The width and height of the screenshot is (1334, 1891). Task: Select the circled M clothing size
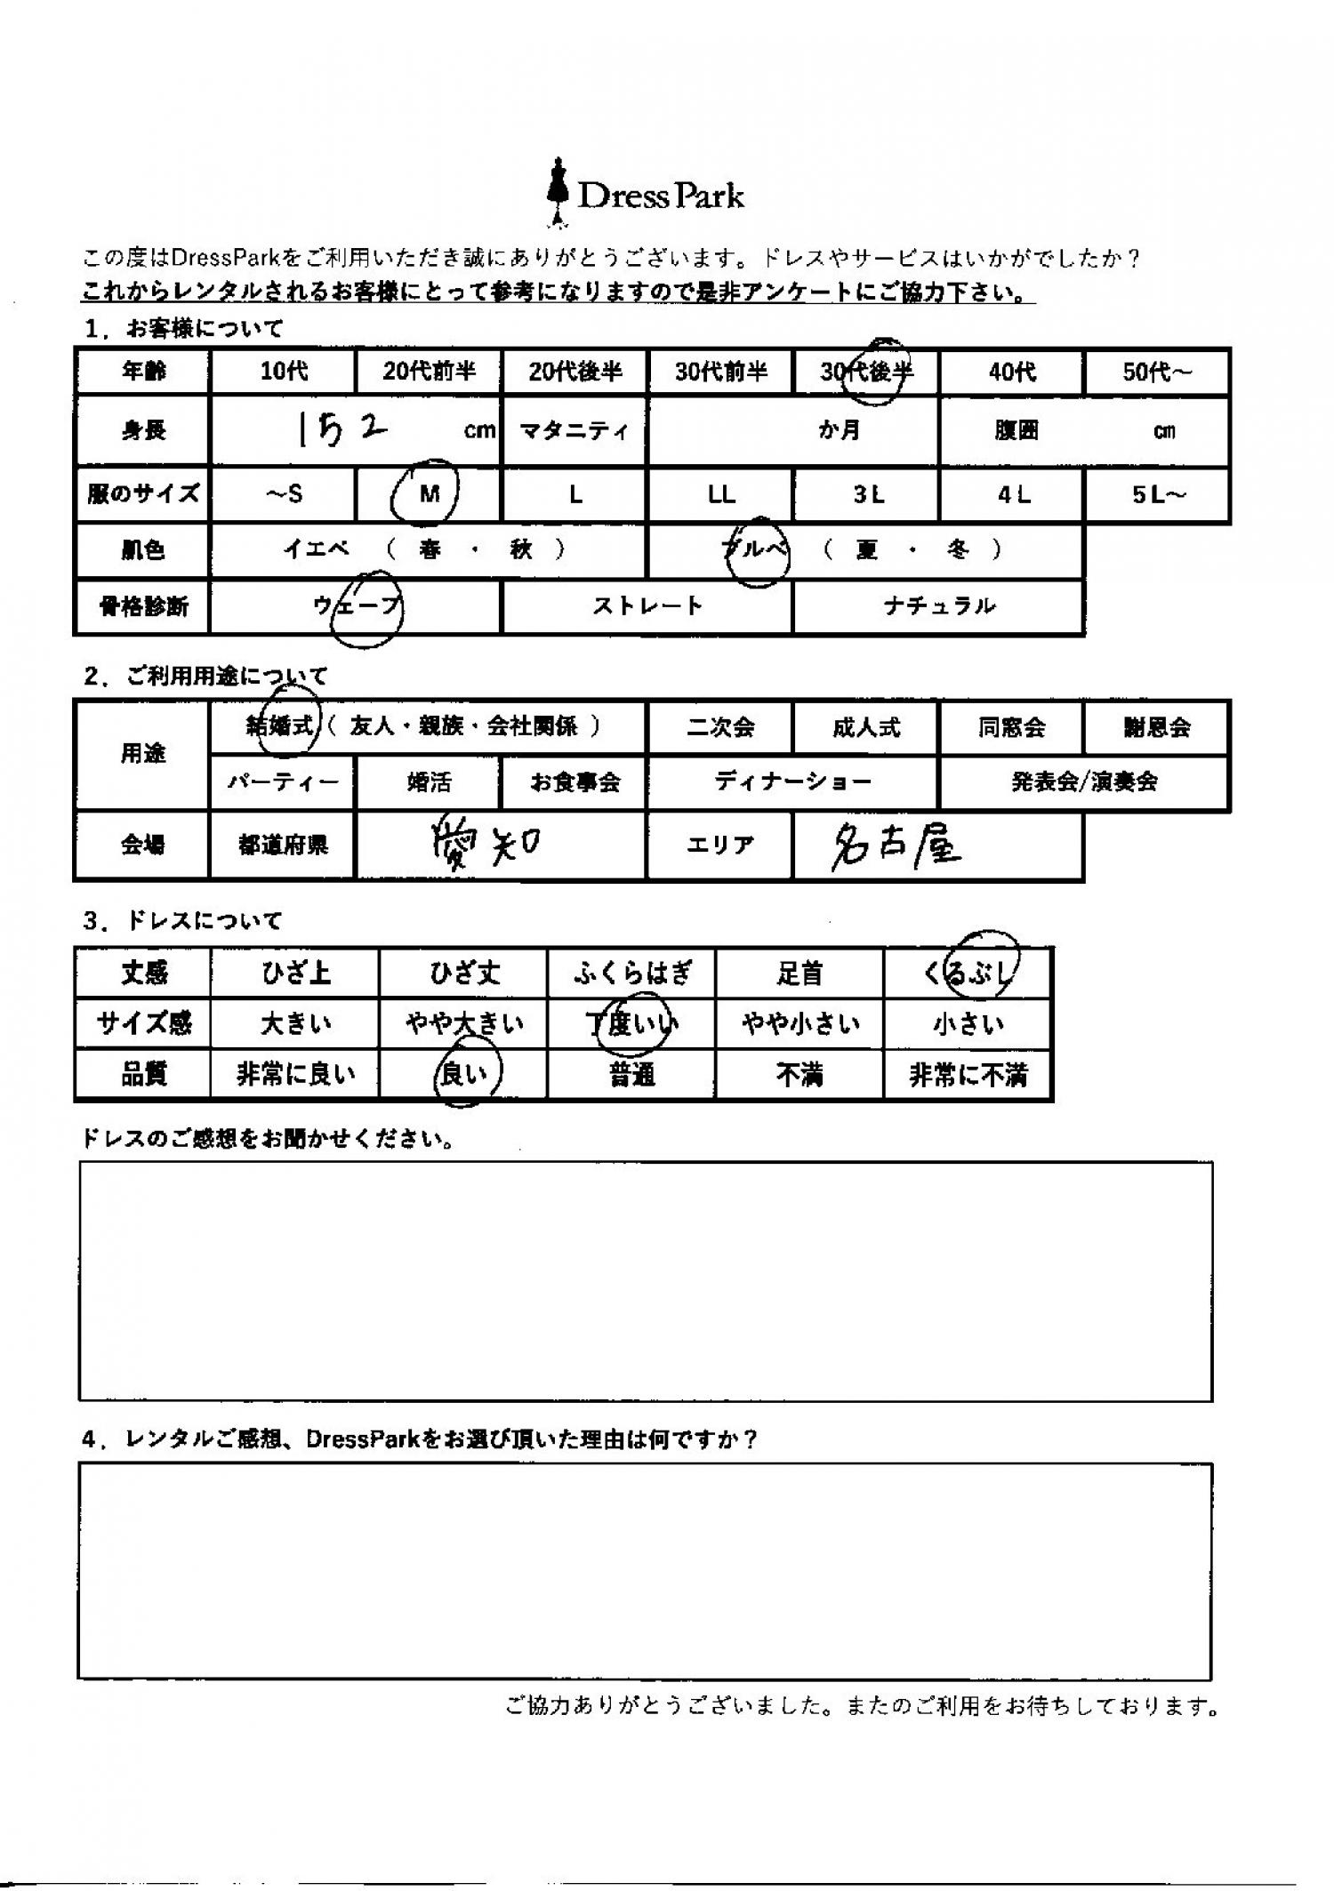[430, 494]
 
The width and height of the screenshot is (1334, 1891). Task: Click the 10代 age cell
[283, 371]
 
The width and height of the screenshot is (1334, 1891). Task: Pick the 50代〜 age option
[1156, 371]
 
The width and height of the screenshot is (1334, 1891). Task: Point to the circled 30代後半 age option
[866, 372]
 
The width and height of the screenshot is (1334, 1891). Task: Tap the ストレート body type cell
[647, 606]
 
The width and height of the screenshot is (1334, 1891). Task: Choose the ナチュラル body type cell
[938, 606]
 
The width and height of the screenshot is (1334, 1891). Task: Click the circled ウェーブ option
[357, 607]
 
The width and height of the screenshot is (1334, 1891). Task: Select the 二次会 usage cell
[719, 727]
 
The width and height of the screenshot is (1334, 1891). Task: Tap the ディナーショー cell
[792, 781]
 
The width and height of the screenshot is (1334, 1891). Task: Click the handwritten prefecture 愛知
[485, 845]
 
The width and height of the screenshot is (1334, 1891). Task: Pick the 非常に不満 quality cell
[968, 1076]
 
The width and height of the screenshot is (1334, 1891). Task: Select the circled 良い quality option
[464, 1076]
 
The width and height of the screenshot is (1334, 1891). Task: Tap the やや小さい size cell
[800, 1024]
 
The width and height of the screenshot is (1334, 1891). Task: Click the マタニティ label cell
[575, 431]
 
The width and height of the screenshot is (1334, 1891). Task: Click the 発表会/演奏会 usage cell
[1084, 781]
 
